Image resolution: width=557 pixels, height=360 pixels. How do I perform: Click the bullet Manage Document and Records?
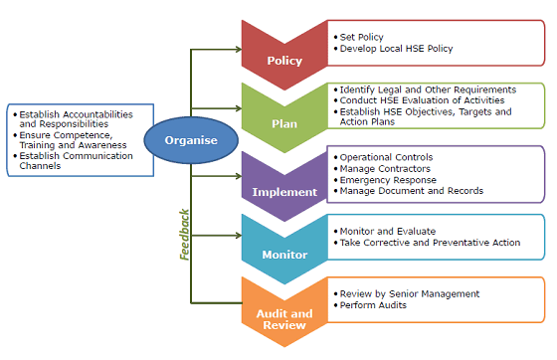pos(412,191)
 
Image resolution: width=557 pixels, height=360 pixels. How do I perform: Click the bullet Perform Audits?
pos(374,305)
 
